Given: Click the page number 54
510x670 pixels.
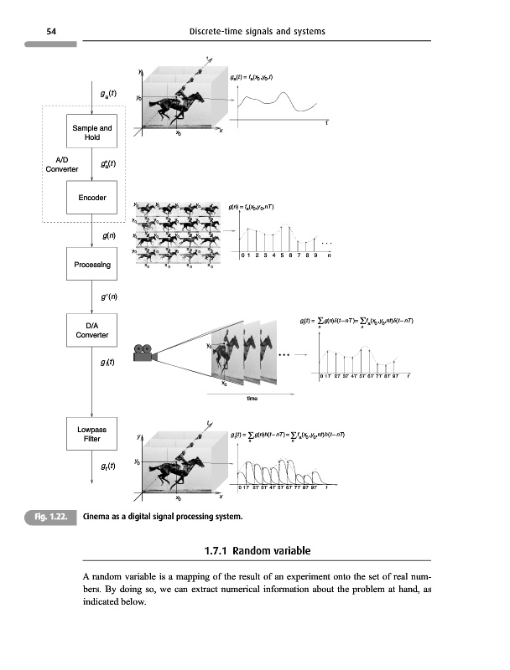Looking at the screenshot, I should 51,32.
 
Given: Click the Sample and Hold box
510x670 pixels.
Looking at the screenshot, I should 92,132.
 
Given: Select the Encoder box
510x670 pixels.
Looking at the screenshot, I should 92,198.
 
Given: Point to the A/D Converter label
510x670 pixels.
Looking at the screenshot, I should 62,163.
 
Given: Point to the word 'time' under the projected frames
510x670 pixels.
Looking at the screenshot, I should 252,398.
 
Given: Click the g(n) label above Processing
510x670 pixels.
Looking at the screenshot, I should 108,237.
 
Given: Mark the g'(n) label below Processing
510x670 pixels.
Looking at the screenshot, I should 109,296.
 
